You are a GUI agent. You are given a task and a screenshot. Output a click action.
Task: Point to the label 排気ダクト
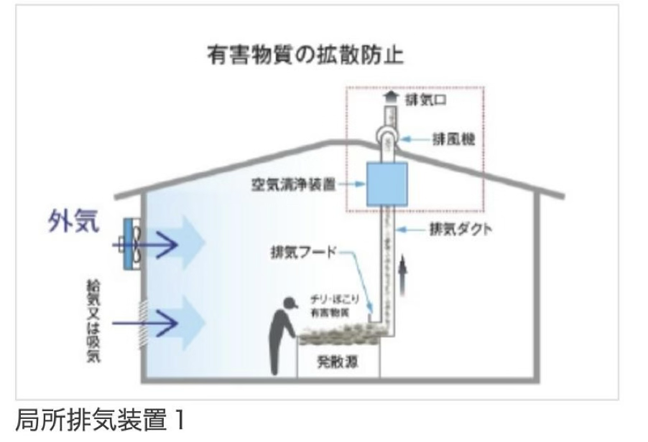(460, 230)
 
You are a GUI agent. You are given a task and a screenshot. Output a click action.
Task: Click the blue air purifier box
(387, 184)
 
